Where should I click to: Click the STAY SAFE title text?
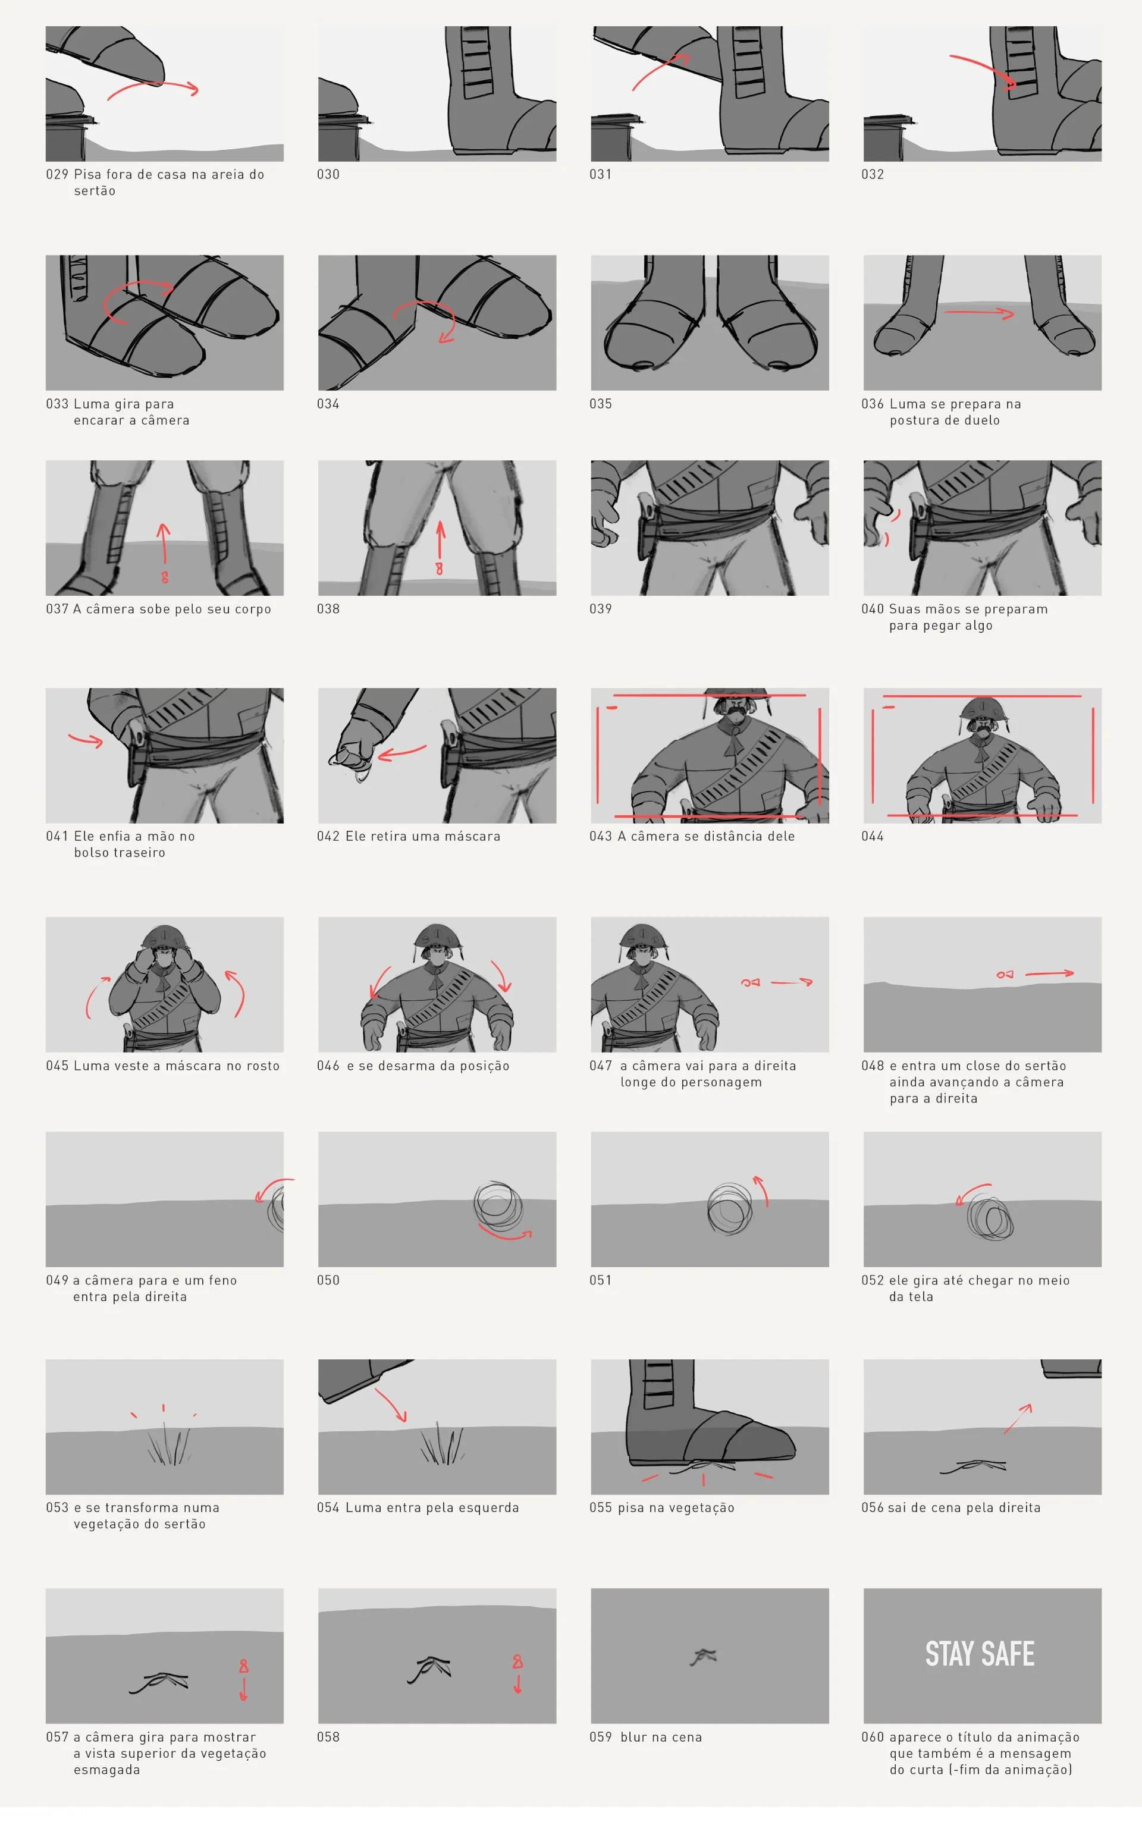tap(980, 1654)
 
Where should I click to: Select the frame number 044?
tap(873, 836)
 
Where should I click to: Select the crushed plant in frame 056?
tap(974, 1466)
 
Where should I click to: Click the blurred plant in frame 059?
tap(703, 1657)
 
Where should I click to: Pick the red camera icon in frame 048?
tap(1005, 975)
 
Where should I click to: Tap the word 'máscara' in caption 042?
tap(471, 836)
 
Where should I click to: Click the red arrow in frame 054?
tap(391, 1405)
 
